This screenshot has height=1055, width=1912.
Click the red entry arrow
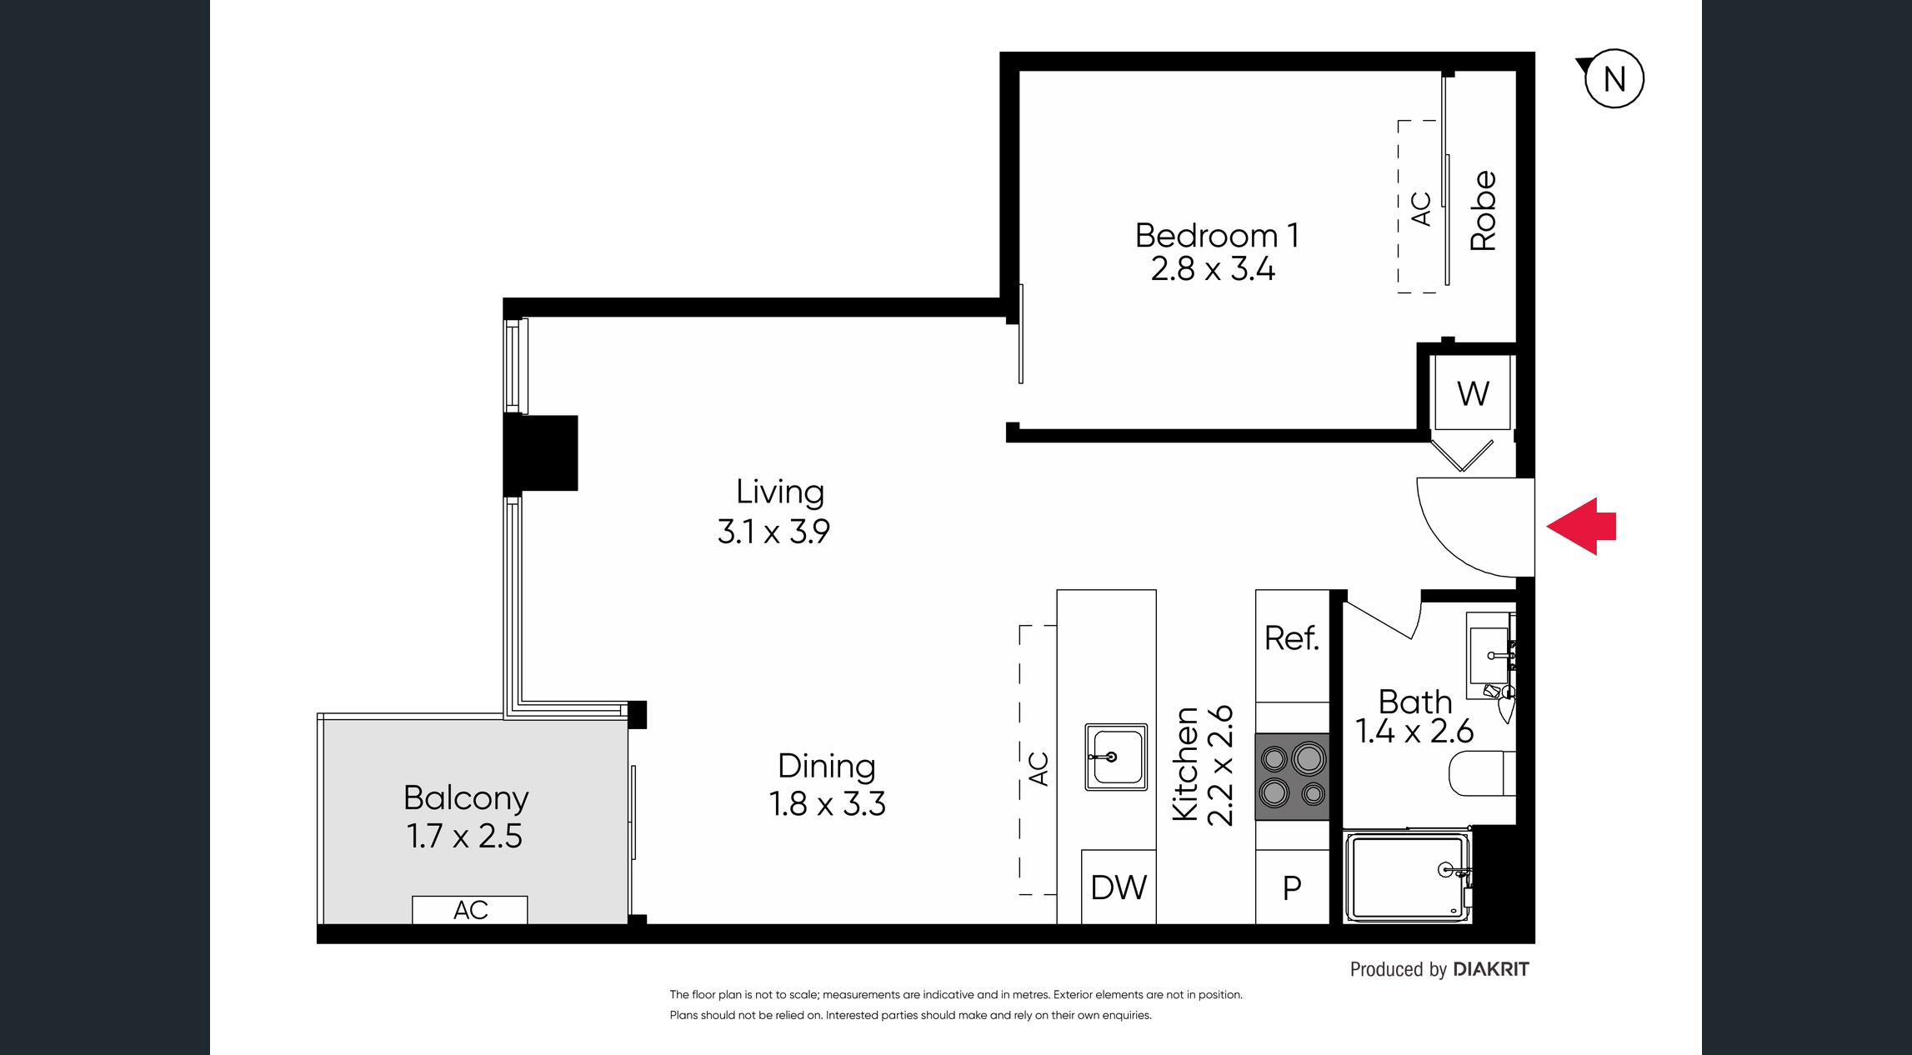click(1581, 526)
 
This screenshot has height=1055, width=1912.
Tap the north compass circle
click(1614, 79)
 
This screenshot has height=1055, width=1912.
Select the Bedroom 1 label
click(1217, 235)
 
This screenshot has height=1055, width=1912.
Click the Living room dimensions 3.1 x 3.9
click(773, 531)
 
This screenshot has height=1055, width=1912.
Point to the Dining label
click(826, 766)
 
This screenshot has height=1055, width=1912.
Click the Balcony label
click(466, 797)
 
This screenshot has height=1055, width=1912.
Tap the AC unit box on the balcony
click(470, 910)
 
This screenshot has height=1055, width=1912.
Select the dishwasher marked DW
click(1119, 887)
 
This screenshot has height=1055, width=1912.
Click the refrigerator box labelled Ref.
click(1292, 646)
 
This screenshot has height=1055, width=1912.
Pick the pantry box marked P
click(1292, 887)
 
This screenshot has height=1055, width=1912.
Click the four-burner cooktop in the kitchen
click(1293, 777)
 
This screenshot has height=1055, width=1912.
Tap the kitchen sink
click(1116, 757)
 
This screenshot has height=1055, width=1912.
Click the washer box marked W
click(1473, 392)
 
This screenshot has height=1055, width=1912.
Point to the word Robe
click(1484, 211)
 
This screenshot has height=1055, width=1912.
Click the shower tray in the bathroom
click(1408, 877)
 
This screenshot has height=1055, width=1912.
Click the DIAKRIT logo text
click(1491, 969)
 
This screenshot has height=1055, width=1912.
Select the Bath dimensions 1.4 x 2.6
click(1414, 731)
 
